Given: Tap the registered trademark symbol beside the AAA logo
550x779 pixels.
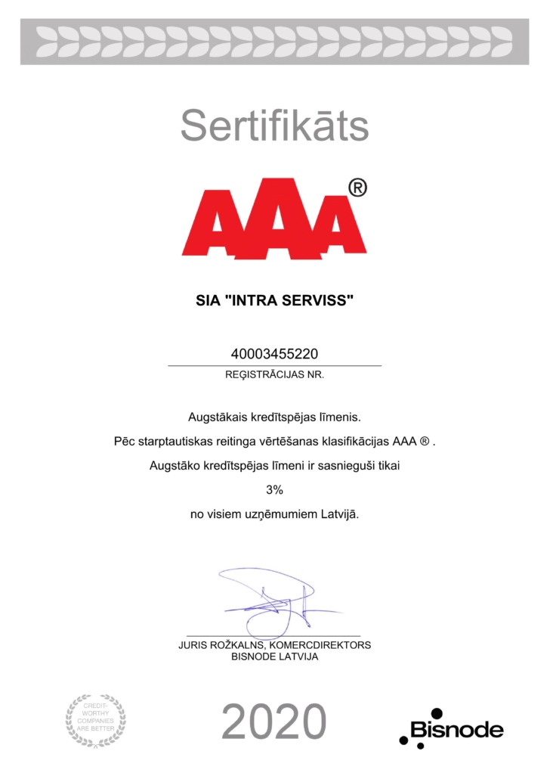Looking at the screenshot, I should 357,188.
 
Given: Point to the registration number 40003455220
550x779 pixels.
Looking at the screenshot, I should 274,354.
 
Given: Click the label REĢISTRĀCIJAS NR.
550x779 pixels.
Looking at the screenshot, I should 274,374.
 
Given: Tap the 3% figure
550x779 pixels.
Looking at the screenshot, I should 274,490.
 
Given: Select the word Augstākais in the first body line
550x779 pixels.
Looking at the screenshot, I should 215,416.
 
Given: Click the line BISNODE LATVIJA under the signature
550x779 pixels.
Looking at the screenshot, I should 274,656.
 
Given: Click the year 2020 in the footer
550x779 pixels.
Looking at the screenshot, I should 274,722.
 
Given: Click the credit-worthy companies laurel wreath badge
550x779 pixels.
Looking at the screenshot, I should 95,720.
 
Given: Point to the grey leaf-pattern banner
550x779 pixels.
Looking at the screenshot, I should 274,42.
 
